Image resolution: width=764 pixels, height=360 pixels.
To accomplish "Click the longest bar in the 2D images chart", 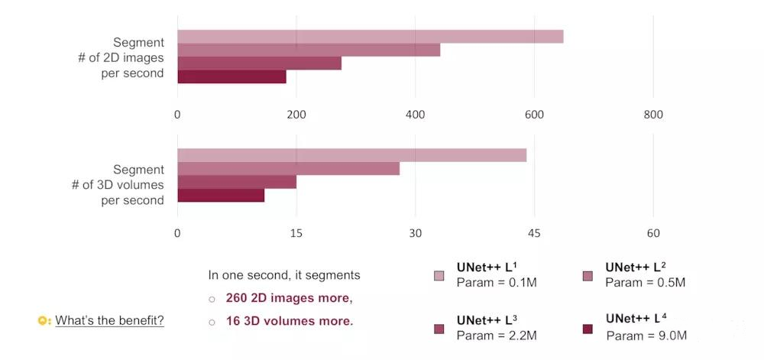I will tap(371, 37).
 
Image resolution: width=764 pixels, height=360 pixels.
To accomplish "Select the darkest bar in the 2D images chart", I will tap(231, 76).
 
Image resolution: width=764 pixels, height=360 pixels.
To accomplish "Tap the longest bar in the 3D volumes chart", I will tap(351, 155).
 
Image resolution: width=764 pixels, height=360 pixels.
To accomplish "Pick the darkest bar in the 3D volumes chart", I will tap(221, 196).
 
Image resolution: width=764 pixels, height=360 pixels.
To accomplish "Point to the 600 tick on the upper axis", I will tap(534, 115).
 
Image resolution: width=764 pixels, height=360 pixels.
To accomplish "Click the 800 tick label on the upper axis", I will tap(653, 115).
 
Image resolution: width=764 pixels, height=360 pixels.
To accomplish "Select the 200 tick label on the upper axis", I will tap(296, 115).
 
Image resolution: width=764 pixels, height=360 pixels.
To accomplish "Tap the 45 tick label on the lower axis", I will tap(534, 233).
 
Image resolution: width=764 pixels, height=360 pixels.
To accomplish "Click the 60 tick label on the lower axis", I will tap(653, 233).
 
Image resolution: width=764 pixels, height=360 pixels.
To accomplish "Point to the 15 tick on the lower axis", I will tap(296, 233).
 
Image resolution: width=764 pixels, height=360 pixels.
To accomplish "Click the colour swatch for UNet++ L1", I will tap(439, 276).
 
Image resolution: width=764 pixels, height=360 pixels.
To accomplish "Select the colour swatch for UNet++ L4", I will tap(588, 329).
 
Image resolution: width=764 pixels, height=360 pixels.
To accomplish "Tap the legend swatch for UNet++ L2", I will tap(588, 276).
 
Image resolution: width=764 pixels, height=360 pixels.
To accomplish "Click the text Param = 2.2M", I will tap(497, 335).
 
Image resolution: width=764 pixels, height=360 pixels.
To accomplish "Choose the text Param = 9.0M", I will tap(646, 336).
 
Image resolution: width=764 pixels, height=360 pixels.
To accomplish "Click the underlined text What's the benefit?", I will tap(109, 320).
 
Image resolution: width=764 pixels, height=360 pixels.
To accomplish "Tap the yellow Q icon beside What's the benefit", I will tap(44, 320).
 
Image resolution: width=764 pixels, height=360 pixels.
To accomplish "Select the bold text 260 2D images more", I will tap(289, 298).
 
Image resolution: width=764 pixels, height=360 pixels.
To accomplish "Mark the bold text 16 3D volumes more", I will tap(290, 321).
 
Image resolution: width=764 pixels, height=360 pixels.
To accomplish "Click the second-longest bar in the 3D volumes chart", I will tap(288, 169).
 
